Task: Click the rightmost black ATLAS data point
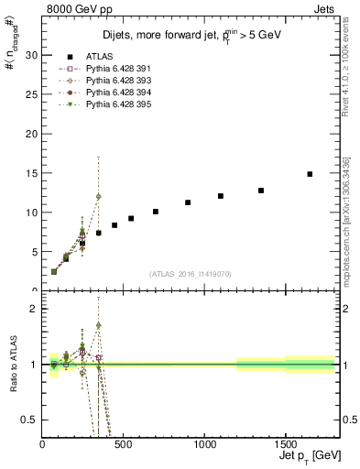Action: pyautogui.click(x=310, y=174)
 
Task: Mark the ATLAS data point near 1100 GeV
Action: pyautogui.click(x=221, y=196)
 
